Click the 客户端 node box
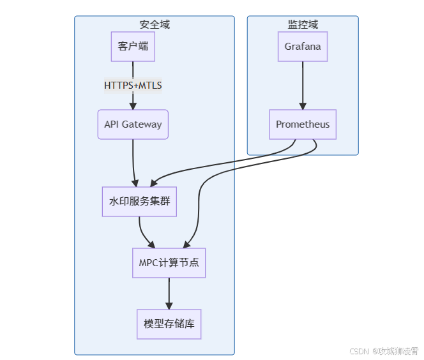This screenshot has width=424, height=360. click(x=133, y=47)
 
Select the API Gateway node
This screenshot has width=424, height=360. click(x=133, y=124)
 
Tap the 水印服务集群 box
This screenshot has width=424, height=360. click(x=139, y=202)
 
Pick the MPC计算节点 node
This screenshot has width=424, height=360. click(x=169, y=263)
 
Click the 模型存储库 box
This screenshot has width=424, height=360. click(x=169, y=324)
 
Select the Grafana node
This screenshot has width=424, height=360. click(x=303, y=47)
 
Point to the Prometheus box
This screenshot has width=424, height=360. click(x=303, y=124)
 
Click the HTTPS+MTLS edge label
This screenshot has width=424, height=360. click(x=133, y=86)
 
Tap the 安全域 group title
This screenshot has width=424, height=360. click(x=155, y=25)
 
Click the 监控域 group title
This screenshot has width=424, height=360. click(x=303, y=25)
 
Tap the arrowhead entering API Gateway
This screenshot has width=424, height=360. click(x=133, y=106)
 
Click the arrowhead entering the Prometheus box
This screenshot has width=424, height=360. click(x=303, y=106)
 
